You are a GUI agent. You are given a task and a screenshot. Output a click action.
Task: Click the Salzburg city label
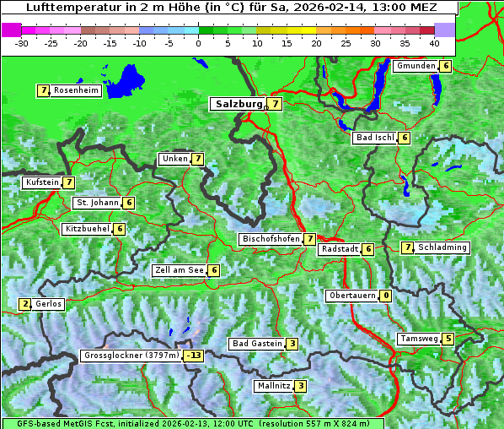pos(239,104)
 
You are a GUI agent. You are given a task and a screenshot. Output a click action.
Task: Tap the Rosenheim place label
pos(76,90)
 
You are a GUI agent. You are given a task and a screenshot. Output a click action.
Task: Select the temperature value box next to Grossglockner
pos(195,356)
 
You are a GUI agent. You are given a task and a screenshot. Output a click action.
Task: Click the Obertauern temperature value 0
pos(385,296)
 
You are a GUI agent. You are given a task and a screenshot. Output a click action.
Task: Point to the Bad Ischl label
pos(375,138)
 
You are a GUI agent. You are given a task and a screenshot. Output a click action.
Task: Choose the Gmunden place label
pos(416,66)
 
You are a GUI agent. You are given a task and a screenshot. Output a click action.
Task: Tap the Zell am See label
pos(180,270)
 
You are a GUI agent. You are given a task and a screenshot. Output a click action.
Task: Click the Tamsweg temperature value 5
pos(448,339)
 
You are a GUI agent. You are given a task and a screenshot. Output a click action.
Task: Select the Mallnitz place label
pos(273,386)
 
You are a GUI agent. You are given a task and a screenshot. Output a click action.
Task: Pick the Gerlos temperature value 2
pos(25,304)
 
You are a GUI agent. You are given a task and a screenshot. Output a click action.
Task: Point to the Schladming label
pos(442,247)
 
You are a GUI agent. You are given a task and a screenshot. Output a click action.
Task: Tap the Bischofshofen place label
pos(271,239)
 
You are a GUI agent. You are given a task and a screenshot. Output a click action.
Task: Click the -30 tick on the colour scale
pos(22,43)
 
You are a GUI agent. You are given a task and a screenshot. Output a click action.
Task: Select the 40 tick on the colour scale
pos(433,43)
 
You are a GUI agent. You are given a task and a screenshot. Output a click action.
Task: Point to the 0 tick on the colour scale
pos(198,43)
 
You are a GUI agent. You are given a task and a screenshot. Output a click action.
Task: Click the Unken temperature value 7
pos(197,159)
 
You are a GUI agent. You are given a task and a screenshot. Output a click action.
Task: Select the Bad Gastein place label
pos(257,344)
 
